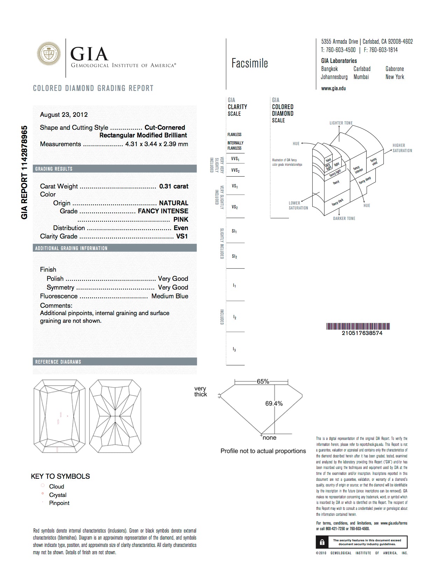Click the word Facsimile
[249, 63]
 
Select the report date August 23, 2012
[64, 115]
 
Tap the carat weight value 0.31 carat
[174, 186]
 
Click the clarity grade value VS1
[182, 236]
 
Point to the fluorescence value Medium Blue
[170, 296]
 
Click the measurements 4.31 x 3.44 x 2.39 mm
[156, 144]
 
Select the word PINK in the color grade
[180, 220]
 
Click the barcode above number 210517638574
[358, 327]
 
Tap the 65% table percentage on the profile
[263, 382]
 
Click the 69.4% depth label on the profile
[274, 404]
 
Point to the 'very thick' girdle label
[200, 392]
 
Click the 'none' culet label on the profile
[269, 438]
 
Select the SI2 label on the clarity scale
[234, 257]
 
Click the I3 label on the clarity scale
[234, 349]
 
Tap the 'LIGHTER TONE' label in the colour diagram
[341, 123]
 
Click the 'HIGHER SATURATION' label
[402, 148]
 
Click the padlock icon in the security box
[322, 542]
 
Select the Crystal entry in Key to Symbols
[58, 495]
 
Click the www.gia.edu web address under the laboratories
[333, 88]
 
